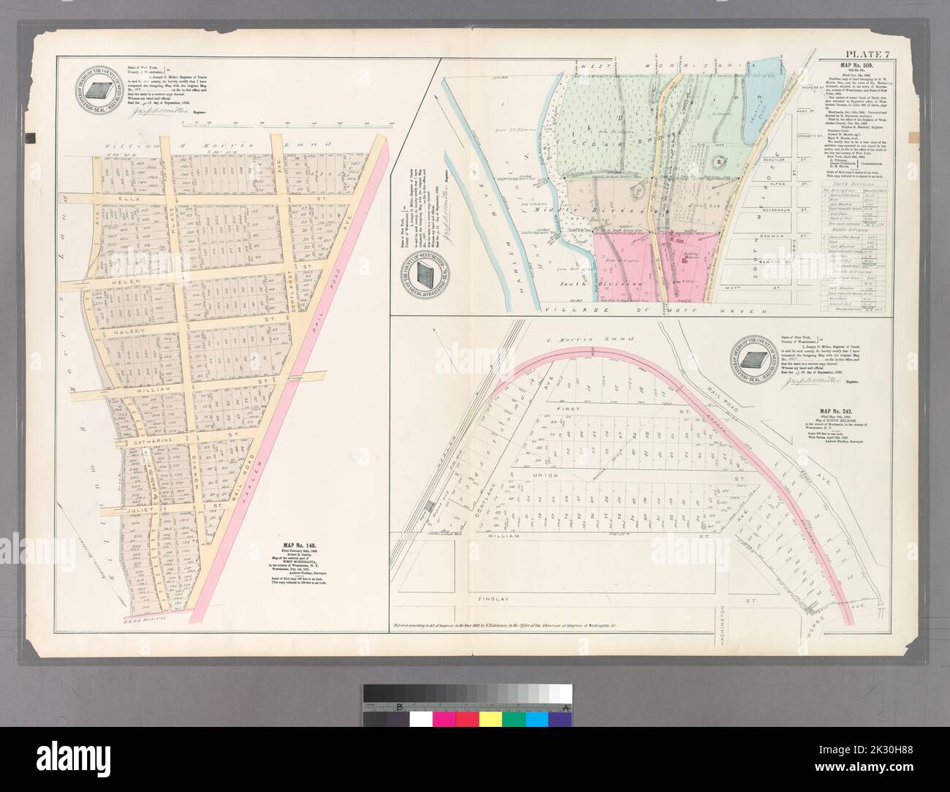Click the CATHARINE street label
click(152, 442)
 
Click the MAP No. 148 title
click(302, 545)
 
